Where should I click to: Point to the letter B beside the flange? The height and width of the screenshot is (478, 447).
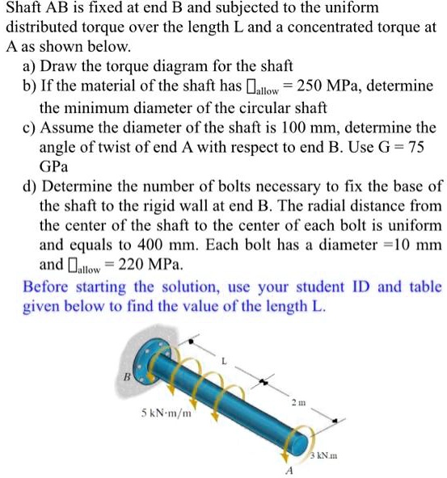(x=126, y=377)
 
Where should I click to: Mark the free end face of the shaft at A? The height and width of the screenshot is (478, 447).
(x=303, y=442)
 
